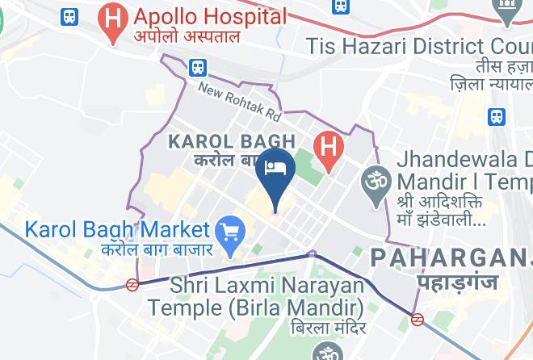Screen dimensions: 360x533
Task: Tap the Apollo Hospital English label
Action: [210, 16]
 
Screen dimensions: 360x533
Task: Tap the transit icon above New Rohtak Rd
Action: [199, 68]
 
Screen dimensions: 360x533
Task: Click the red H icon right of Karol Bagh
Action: [328, 148]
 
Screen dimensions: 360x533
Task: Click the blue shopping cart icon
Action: [233, 231]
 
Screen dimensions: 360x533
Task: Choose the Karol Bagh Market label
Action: [117, 230]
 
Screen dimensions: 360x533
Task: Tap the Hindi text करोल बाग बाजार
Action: [157, 249]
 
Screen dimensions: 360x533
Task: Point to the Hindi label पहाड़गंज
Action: [457, 282]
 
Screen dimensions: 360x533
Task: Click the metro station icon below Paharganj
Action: [418, 319]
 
